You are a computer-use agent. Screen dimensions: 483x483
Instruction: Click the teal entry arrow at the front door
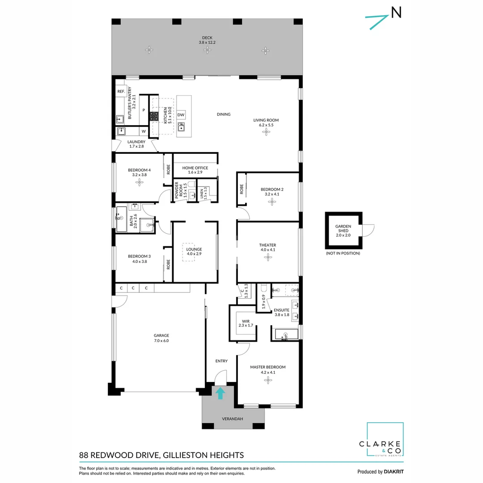tap(220, 394)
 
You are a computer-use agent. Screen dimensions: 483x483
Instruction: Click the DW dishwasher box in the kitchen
tap(181, 115)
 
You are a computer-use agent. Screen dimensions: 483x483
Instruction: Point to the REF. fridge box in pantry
tap(121, 91)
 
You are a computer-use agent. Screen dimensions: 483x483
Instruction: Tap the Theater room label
tap(267, 245)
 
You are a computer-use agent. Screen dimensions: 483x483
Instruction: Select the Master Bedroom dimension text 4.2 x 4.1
tap(267, 372)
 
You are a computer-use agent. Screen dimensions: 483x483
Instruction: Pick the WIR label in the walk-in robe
tap(245, 321)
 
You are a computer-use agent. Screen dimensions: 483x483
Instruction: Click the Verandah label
tap(233, 419)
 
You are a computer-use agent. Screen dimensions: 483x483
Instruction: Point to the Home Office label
tap(195, 168)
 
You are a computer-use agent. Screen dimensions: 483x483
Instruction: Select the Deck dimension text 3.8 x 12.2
tap(207, 42)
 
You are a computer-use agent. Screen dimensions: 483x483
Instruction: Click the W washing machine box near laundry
tap(144, 131)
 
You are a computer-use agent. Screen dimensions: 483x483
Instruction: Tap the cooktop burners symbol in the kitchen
tap(154, 116)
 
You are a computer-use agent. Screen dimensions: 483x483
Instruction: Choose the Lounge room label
tap(195, 249)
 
